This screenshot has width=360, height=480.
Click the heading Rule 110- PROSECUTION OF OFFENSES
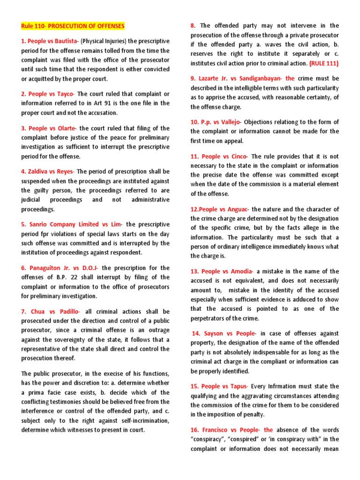point(73,25)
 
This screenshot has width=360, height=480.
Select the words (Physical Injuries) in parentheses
point(102,41)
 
